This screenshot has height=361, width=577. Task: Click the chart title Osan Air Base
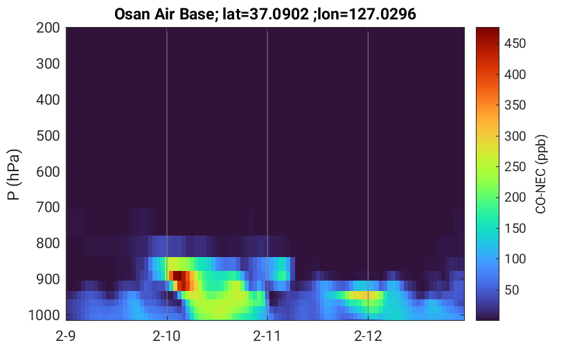(163, 14)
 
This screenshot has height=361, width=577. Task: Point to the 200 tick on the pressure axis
(48, 28)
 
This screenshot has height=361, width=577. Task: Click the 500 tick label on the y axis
(48, 136)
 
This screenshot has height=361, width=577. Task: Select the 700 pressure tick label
(48, 208)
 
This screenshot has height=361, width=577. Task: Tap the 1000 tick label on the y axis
(44, 315)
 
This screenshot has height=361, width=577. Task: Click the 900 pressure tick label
(48, 279)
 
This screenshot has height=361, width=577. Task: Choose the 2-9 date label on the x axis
(66, 336)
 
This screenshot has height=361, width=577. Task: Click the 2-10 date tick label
(167, 336)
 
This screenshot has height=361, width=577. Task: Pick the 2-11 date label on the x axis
(267, 336)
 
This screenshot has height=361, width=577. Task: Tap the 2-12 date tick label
(368, 336)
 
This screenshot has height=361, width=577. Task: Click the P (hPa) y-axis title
(14, 175)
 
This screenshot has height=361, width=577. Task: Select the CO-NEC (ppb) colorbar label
(541, 174)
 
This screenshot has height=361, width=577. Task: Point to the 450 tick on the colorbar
(515, 44)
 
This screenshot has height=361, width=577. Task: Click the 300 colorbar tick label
(515, 137)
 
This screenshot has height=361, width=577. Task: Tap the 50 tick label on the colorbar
(511, 290)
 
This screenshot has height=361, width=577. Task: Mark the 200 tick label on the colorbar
(515, 197)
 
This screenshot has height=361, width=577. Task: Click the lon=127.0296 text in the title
(364, 14)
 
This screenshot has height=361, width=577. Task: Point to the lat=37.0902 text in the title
(262, 14)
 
